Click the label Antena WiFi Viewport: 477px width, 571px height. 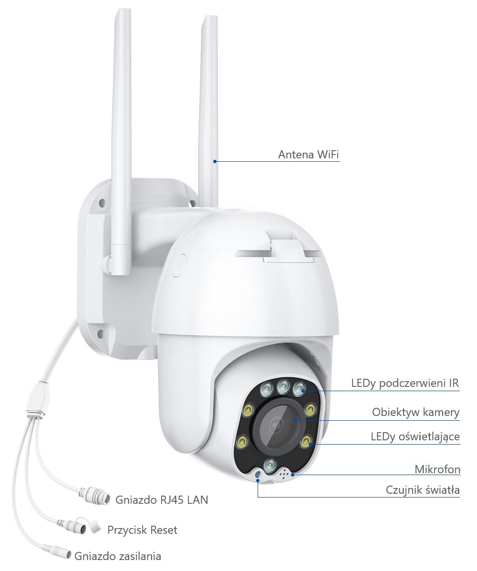tap(309, 155)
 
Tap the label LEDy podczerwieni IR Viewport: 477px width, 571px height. tap(405, 383)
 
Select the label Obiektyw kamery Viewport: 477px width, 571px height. tap(415, 412)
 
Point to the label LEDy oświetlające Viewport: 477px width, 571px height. tap(415, 436)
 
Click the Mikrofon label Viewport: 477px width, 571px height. tap(437, 469)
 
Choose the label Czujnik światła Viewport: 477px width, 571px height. tap(422, 490)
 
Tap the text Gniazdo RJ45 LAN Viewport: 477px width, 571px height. tap(162, 499)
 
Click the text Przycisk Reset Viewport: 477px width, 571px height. tap(142, 530)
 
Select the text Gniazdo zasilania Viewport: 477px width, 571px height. tap(118, 556)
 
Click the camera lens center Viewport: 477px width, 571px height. tap(277, 424)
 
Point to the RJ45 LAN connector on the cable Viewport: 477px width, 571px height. tap(94, 495)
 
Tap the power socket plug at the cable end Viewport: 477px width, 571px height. tap(57, 551)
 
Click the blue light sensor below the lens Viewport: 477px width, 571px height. tap(258, 475)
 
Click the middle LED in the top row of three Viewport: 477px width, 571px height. tap(283, 387)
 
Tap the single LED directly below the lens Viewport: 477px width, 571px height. tap(270, 465)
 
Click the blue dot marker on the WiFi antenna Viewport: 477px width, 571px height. tap(215, 161)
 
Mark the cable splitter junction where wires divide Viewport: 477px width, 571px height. tap(38, 401)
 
